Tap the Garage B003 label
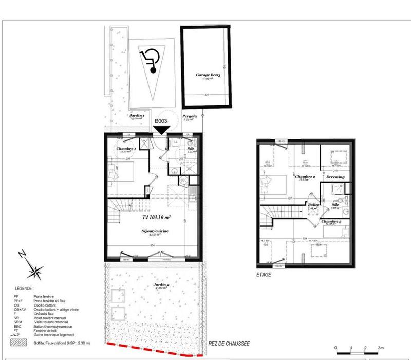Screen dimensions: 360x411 coord(208,75)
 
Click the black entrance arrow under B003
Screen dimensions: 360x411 coord(162,131)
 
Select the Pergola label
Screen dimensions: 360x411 coord(190,117)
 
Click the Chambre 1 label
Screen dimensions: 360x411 coord(126,149)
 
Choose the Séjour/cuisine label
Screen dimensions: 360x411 coord(155,231)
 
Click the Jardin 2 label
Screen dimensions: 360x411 coord(161,284)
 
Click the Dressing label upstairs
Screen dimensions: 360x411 coord(335,177)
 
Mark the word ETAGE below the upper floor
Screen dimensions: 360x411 coord(264,275)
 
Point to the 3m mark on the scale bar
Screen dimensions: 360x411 coord(381,348)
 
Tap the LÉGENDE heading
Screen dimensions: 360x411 coord(23,290)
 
